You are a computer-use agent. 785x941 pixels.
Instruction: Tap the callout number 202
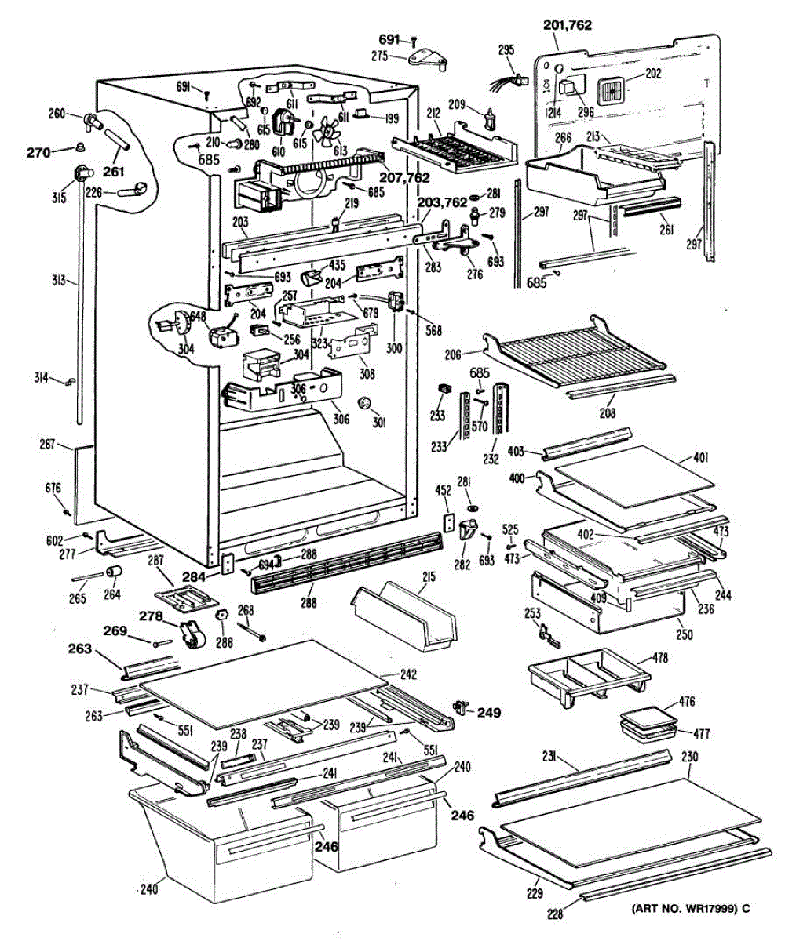(x=652, y=74)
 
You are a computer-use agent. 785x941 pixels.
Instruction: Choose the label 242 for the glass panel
(x=407, y=674)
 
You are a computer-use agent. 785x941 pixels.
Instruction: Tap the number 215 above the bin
(x=428, y=577)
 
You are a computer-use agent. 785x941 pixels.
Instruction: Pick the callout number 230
(x=689, y=758)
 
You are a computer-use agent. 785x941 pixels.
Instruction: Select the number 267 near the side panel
(x=48, y=445)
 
